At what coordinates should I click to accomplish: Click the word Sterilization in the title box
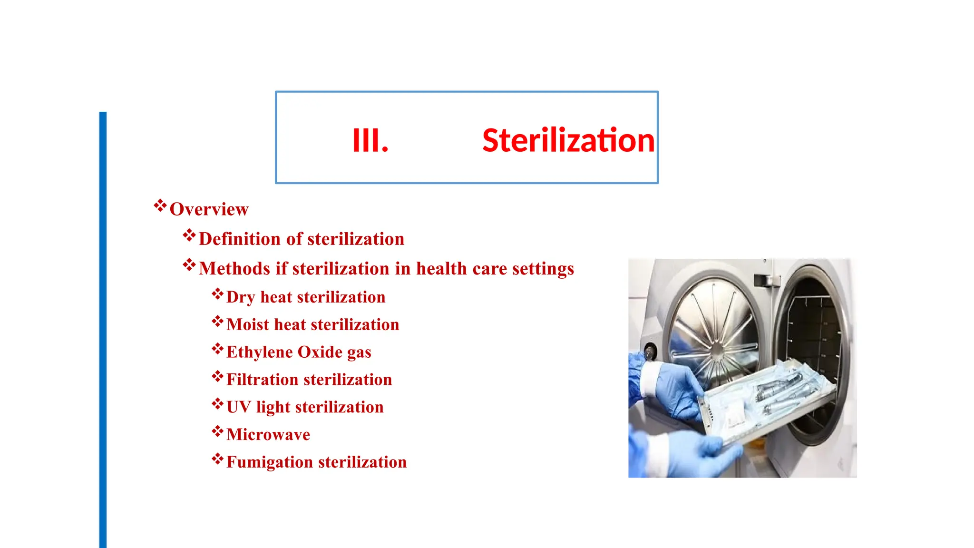point(568,141)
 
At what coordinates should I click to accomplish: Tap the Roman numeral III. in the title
point(370,141)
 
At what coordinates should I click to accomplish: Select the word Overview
point(209,209)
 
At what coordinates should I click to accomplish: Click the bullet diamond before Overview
point(160,206)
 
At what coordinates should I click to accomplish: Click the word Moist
point(248,324)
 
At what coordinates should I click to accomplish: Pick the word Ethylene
point(260,352)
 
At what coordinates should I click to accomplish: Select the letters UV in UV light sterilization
point(238,407)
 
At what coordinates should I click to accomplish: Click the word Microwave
point(268,435)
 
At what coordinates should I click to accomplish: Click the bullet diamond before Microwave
point(217,431)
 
